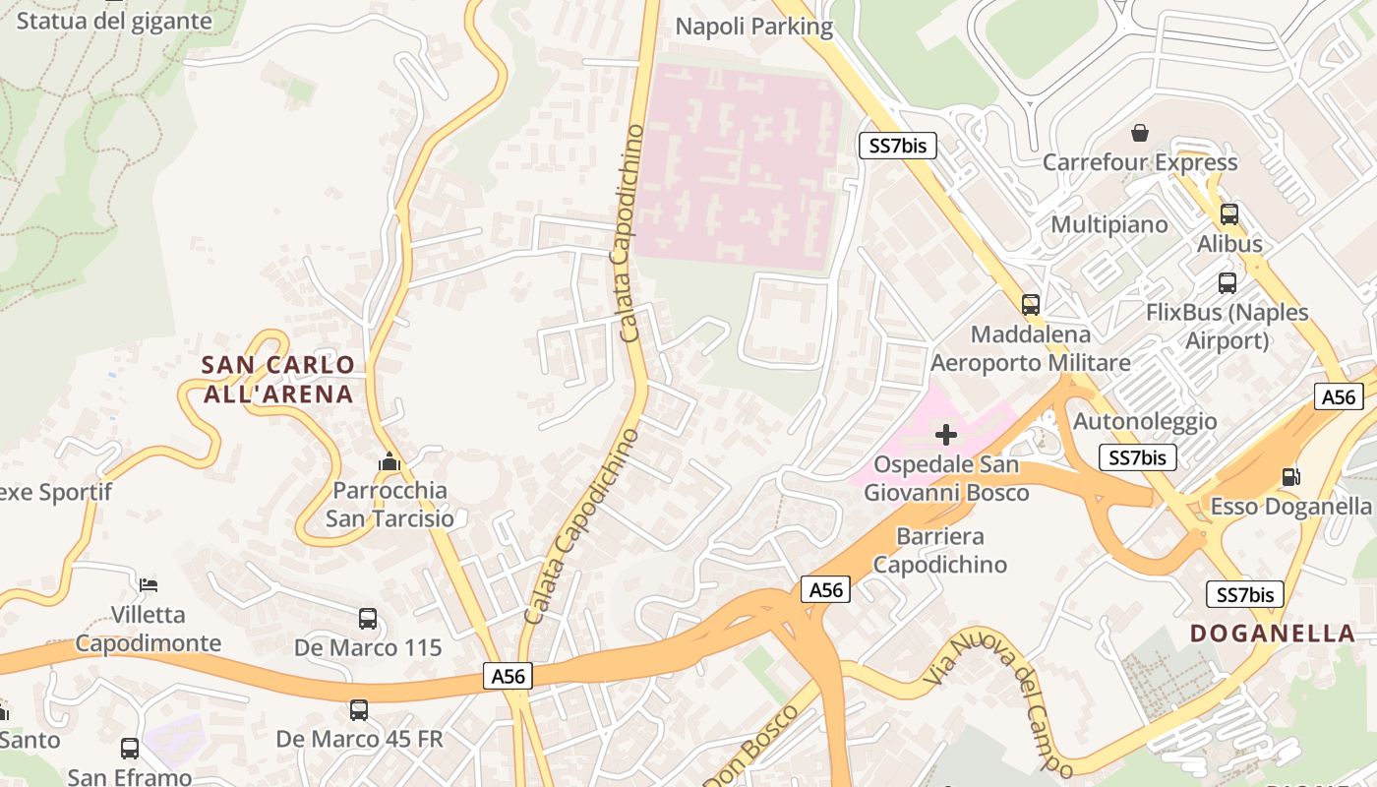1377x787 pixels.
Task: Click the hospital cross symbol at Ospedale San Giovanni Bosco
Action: [946, 434]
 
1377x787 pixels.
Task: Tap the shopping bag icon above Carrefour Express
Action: [1140, 132]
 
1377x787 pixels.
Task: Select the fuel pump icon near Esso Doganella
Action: [1290, 477]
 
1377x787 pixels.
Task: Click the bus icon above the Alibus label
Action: [1229, 214]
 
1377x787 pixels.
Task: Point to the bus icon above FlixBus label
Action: [1227, 283]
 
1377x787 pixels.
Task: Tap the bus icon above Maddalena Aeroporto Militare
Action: [1030, 305]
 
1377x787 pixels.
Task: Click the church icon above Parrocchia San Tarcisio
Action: [389, 461]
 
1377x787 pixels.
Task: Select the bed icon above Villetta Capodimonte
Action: [149, 585]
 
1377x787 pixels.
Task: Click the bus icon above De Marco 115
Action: [368, 619]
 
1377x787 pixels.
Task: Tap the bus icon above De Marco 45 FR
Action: [359, 709]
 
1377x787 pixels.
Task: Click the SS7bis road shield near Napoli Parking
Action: [898, 146]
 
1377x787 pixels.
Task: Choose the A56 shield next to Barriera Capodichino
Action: [825, 589]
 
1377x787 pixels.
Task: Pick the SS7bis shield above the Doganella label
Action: [1245, 594]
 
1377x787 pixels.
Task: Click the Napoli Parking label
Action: [753, 27]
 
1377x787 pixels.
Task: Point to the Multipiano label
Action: [1109, 224]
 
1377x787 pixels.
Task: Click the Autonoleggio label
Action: [1144, 421]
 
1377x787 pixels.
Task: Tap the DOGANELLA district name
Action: [1273, 633]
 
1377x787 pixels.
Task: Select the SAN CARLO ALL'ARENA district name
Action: [277, 379]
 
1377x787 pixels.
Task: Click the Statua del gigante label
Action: [114, 21]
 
